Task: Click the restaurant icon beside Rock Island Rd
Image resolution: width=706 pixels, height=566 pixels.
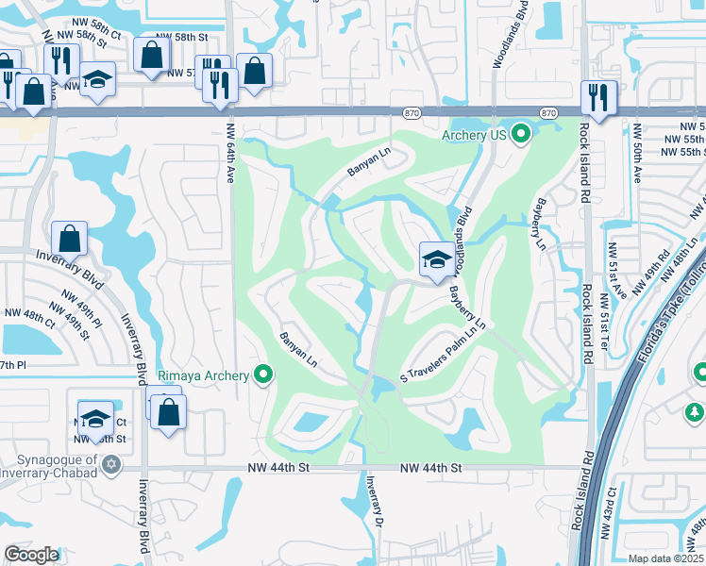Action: point(598,97)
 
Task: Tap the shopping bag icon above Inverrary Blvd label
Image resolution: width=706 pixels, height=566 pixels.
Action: point(70,238)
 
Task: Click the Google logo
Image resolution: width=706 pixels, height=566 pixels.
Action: point(31,555)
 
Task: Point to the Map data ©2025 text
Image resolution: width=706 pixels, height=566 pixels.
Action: point(665,558)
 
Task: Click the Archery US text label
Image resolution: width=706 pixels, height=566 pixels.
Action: point(475,135)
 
